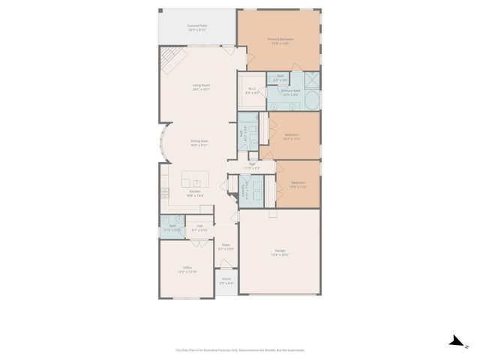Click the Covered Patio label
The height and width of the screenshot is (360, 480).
(197, 27)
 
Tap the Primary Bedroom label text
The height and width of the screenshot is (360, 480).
(280, 40)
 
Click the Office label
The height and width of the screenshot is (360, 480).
(187, 268)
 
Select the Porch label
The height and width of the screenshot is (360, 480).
(226, 281)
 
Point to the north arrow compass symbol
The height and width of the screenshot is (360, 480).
(456, 342)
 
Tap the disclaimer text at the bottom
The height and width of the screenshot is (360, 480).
(240, 349)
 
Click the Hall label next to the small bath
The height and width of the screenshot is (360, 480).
(200, 226)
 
